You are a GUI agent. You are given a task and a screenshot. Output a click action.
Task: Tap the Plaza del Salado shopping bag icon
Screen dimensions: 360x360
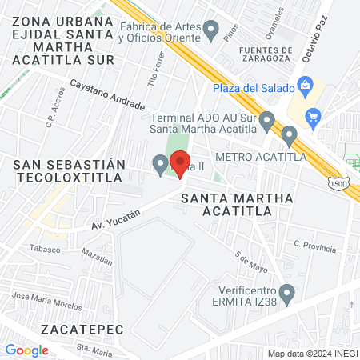(x=304, y=85)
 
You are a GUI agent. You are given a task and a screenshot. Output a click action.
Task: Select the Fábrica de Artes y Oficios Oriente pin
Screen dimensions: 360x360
(x=211, y=31)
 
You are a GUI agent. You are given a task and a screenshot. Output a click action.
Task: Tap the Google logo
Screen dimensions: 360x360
(x=27, y=350)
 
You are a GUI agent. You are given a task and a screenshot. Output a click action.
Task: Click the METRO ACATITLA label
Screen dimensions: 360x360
(x=251, y=157)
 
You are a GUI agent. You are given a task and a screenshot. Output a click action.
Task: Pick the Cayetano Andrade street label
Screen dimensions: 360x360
(x=108, y=94)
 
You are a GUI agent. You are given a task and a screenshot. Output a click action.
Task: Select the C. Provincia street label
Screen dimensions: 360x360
(x=314, y=247)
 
